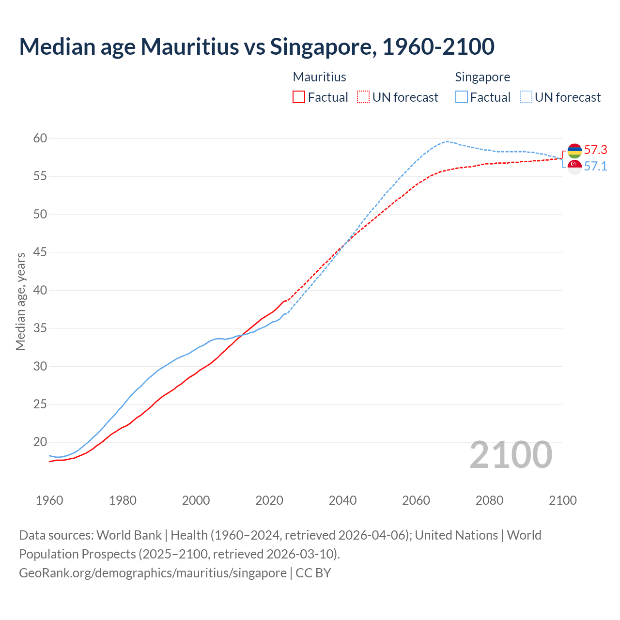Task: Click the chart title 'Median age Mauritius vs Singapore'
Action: (x=257, y=46)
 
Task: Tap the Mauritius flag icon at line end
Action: (x=574, y=151)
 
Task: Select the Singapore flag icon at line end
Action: (x=574, y=167)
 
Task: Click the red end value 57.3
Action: (x=595, y=150)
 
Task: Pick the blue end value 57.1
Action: (x=595, y=166)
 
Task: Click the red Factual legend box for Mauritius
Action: (x=299, y=97)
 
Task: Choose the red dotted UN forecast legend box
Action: (x=363, y=97)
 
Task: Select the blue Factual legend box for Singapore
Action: (x=462, y=97)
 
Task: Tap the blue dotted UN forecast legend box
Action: (x=526, y=97)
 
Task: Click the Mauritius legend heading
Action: (x=319, y=77)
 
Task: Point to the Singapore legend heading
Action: (x=482, y=77)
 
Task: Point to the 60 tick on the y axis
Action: (x=40, y=138)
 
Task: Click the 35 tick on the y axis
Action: (x=40, y=328)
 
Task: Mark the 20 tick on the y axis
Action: (x=40, y=442)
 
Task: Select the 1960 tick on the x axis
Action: (x=49, y=500)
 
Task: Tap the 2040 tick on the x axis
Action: (x=342, y=500)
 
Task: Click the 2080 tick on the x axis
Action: (x=489, y=500)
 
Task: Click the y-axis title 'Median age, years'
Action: (x=20, y=301)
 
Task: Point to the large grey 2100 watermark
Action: (x=511, y=454)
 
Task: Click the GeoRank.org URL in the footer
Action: (x=153, y=573)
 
